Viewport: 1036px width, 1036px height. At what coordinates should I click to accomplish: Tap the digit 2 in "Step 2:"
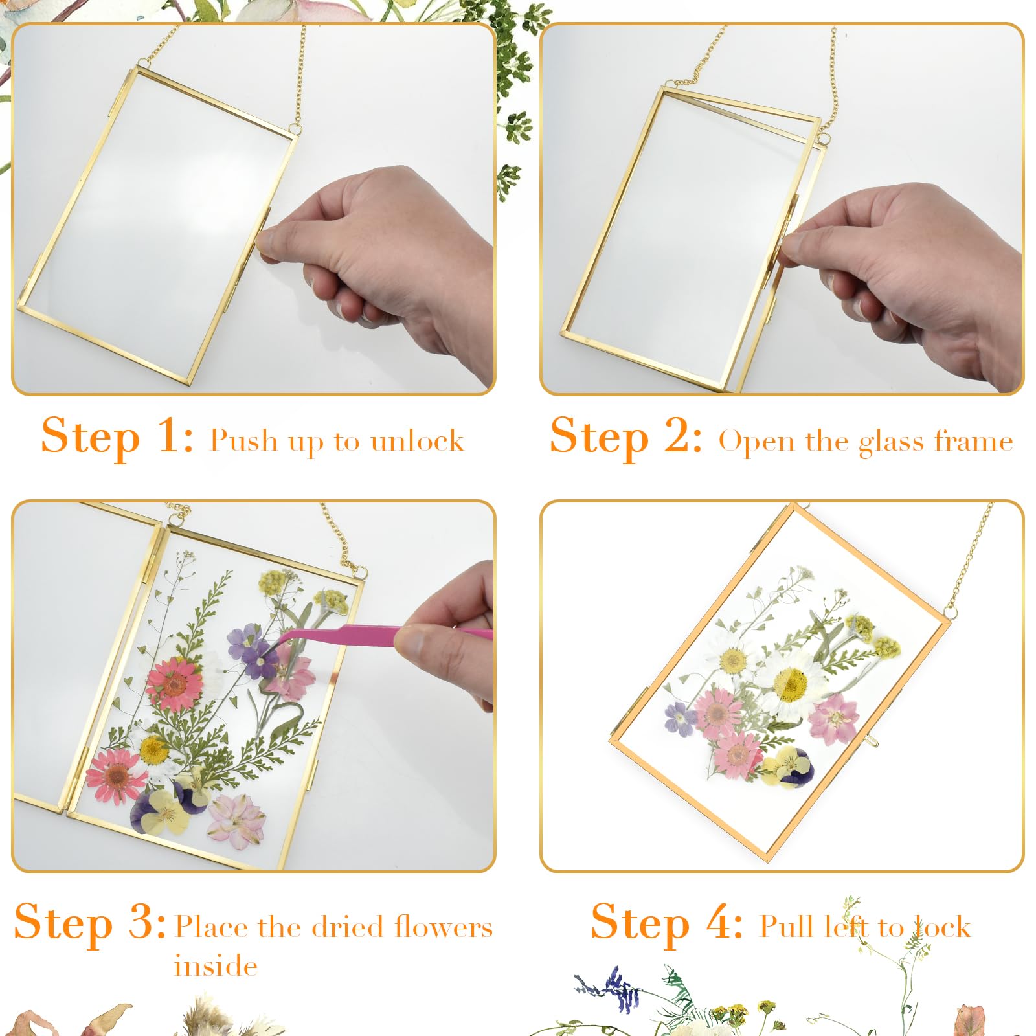(x=679, y=435)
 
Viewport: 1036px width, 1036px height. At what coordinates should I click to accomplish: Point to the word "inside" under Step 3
(x=216, y=965)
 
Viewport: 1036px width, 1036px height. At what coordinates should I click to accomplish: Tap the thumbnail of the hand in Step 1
(x=271, y=241)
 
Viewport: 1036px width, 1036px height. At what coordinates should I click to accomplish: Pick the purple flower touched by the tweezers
(x=254, y=648)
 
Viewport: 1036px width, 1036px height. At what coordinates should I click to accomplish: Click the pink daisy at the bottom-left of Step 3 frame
(x=117, y=775)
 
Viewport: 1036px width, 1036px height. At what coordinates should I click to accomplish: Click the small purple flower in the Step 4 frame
(x=679, y=718)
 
